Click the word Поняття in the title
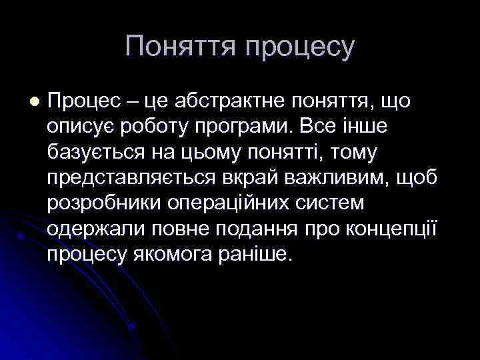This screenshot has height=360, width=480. click(x=180, y=47)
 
